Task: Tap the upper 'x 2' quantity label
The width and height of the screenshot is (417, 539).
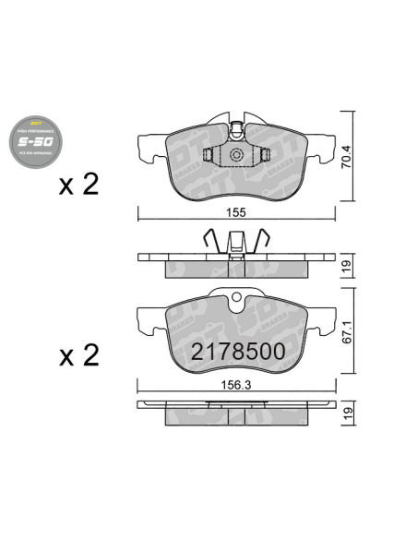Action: tap(78, 186)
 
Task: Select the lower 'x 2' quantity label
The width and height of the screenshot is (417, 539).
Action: tap(78, 354)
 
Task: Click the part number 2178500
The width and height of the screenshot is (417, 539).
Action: tap(234, 352)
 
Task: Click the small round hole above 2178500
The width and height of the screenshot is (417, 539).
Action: tap(235, 298)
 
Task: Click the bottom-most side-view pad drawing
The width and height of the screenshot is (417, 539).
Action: tap(235, 413)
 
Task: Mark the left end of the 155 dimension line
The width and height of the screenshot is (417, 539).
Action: tap(137, 218)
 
